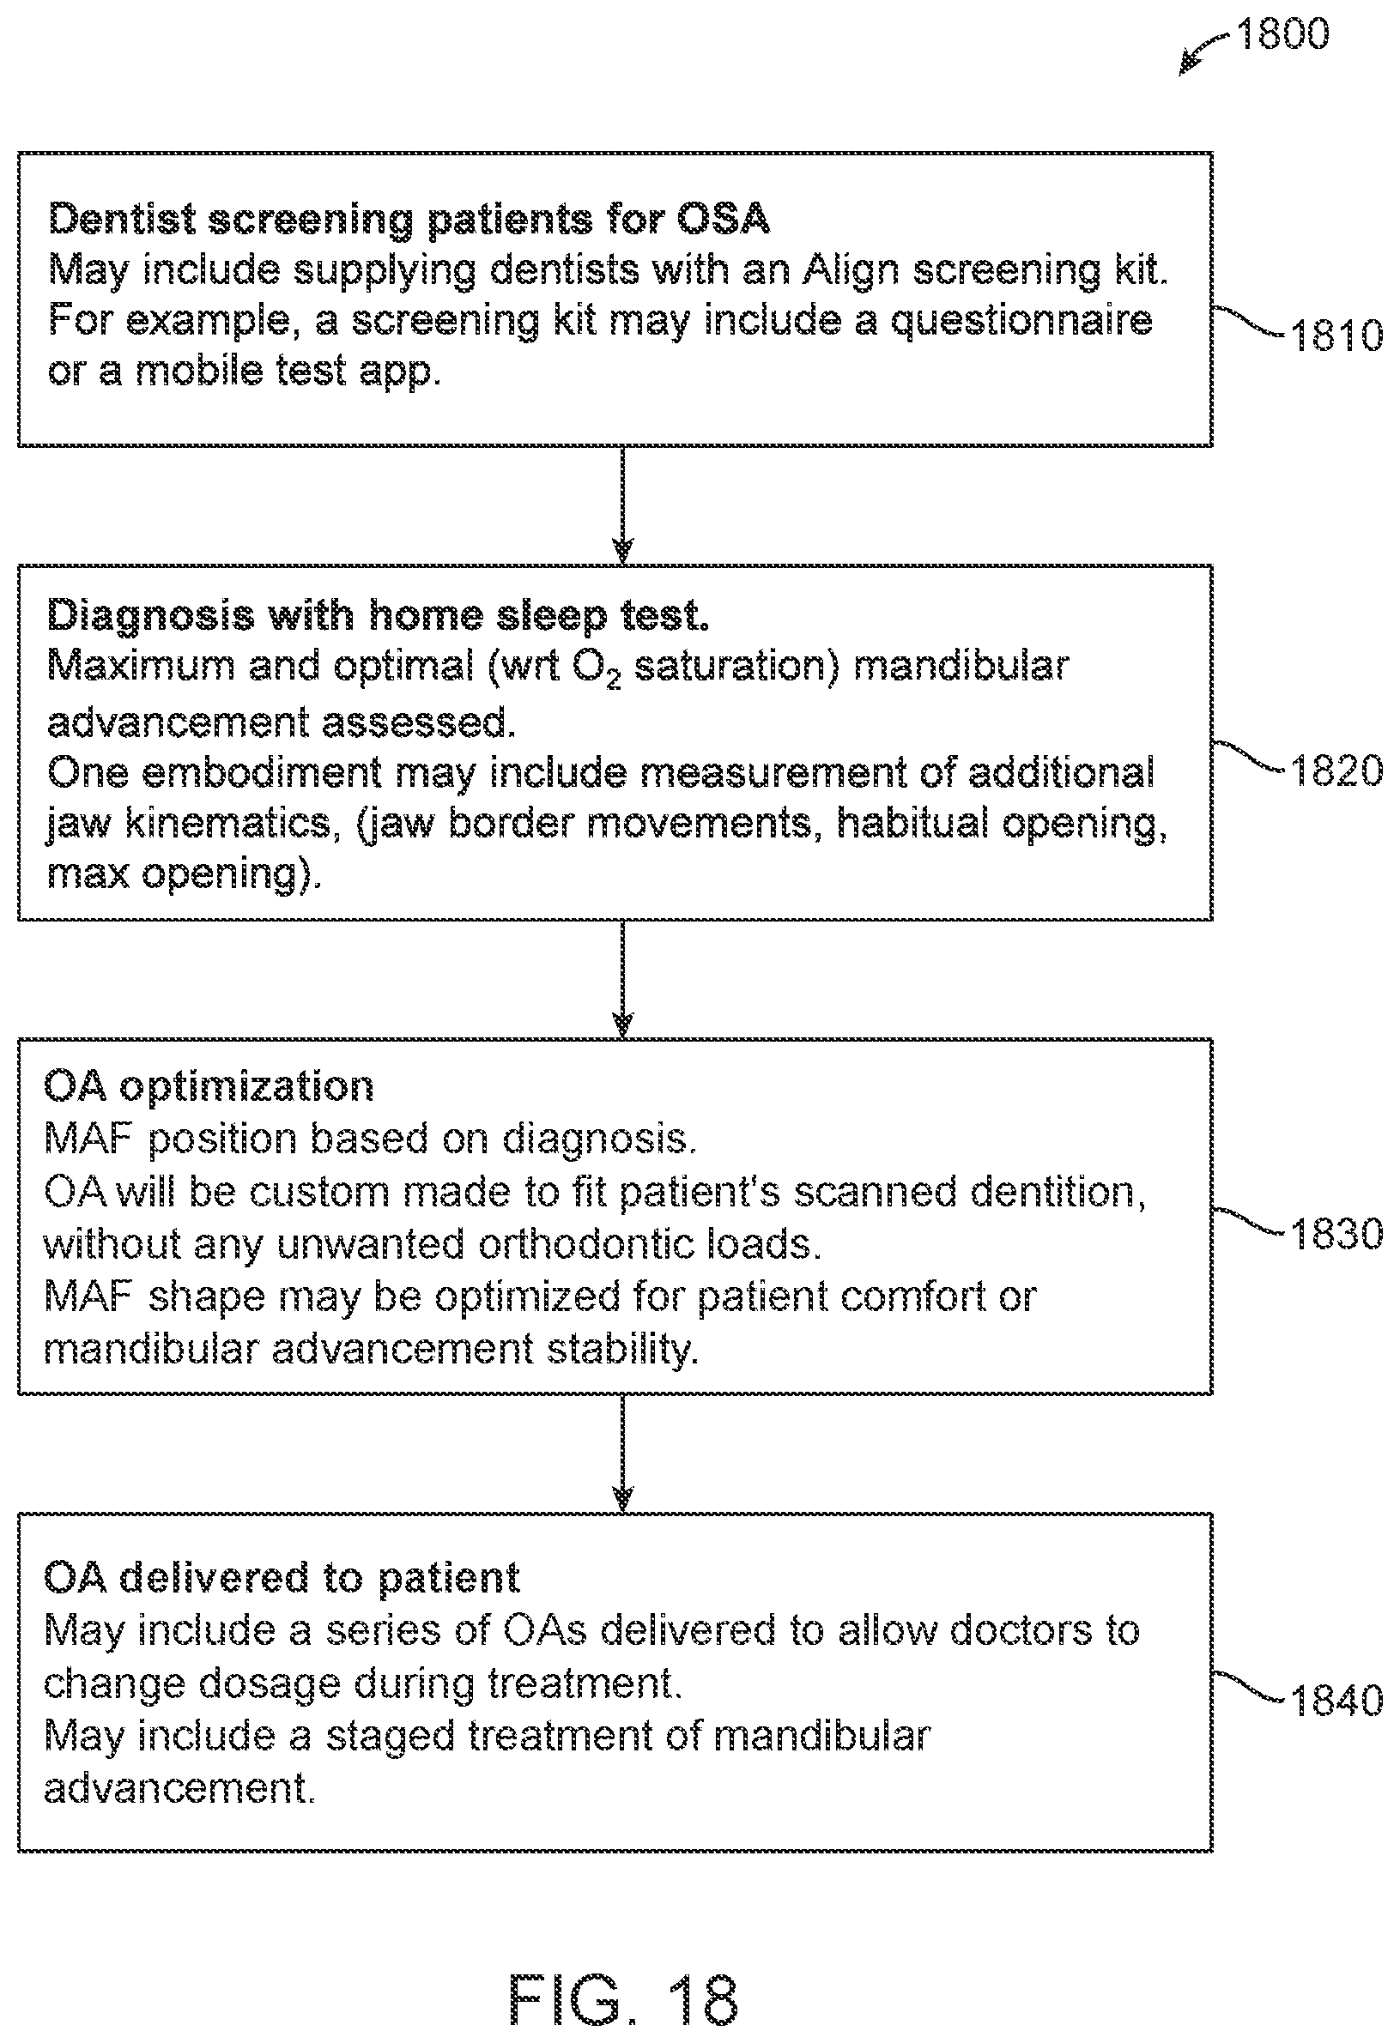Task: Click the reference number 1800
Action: [x=1282, y=33]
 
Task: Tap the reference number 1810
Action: [x=1336, y=335]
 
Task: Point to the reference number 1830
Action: [x=1336, y=1233]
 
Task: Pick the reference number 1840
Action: [x=1336, y=1700]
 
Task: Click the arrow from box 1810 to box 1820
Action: [x=622, y=505]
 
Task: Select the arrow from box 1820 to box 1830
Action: [x=622, y=978]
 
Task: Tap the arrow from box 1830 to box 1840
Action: [x=622, y=1454]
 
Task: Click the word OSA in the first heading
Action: [x=723, y=218]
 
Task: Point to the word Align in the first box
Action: [x=851, y=270]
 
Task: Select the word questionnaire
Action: [x=1021, y=320]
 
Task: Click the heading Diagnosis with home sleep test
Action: [x=378, y=615]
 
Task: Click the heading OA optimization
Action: [x=209, y=1087]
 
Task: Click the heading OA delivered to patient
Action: [x=282, y=1578]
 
